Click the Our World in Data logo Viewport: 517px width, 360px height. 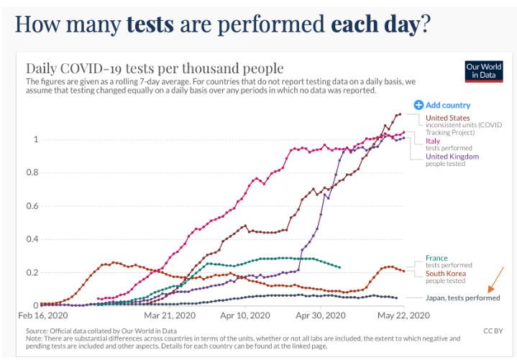(483, 72)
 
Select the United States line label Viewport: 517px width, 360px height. (447, 118)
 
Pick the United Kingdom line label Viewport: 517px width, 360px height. (452, 156)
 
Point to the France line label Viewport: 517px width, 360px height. (436, 258)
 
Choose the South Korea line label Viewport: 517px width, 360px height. (445, 274)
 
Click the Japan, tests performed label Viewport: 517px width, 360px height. (462, 297)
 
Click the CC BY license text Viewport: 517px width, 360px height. (493, 331)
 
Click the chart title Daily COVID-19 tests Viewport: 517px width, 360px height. (155, 69)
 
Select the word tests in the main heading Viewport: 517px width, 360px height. (150, 23)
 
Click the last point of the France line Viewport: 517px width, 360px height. (339, 267)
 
